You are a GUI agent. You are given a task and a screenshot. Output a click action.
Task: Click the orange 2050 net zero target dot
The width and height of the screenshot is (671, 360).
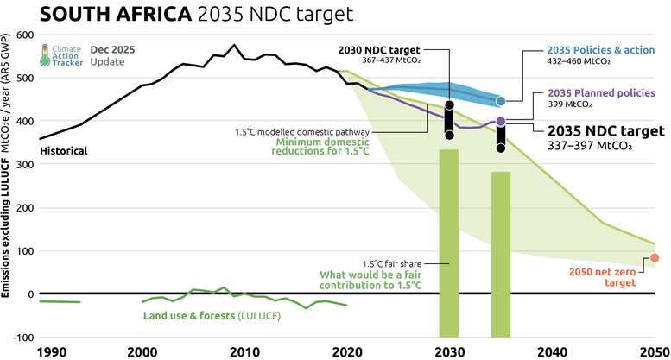point(655,257)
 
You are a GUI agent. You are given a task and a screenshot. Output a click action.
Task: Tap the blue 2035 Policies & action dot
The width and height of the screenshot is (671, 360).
point(500,101)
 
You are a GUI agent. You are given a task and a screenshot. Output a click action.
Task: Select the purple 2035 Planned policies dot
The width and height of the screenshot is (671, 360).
point(500,122)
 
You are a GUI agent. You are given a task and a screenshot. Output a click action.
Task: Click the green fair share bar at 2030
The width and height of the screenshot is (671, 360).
point(449,242)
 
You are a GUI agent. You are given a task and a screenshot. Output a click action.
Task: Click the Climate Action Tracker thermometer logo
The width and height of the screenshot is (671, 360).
point(45,56)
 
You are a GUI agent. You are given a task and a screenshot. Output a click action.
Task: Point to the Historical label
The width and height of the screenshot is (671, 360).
point(65,150)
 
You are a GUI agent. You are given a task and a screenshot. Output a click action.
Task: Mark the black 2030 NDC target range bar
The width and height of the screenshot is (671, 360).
point(449,122)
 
